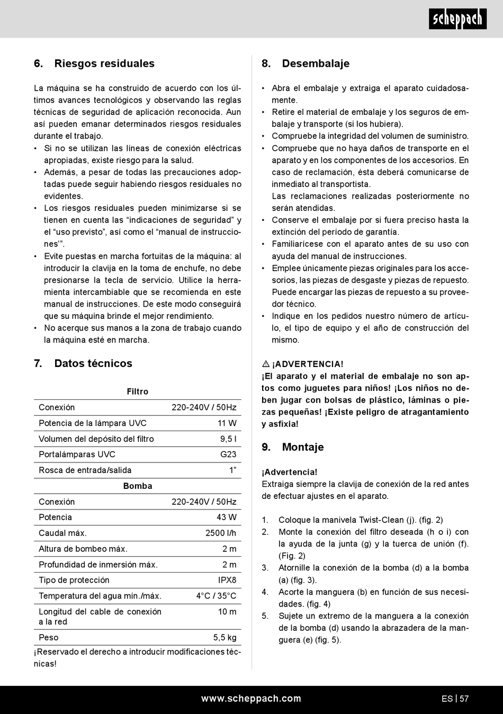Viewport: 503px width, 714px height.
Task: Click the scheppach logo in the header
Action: click(x=457, y=20)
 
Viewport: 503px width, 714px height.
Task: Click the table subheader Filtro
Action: click(x=138, y=391)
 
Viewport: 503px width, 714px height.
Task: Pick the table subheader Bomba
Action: click(x=138, y=486)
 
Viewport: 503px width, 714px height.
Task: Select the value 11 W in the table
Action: click(x=227, y=423)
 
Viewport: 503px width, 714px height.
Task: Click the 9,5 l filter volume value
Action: click(x=228, y=439)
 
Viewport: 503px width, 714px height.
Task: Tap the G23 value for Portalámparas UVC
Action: click(x=228, y=454)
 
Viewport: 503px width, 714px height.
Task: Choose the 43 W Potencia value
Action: click(x=227, y=517)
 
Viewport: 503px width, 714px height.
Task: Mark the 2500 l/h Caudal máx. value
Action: click(x=221, y=533)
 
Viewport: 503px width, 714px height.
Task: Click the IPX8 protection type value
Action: click(x=227, y=580)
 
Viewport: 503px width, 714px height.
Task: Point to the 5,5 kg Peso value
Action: click(x=225, y=637)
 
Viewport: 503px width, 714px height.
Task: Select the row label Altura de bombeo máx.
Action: click(x=83, y=549)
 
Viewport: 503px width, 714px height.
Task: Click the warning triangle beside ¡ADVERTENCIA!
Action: click(x=266, y=364)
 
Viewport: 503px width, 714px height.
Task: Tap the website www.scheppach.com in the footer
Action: click(x=251, y=699)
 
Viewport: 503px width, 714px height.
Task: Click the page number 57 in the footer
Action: click(x=464, y=699)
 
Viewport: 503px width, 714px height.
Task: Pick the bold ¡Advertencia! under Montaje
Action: click(x=290, y=472)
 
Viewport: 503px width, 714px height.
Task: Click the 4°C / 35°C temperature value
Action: click(x=216, y=596)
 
